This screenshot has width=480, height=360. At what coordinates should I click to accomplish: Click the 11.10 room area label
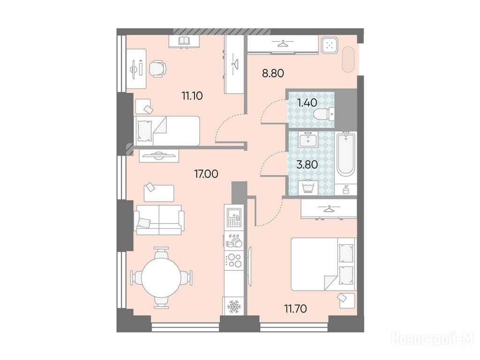pyautogui.click(x=192, y=96)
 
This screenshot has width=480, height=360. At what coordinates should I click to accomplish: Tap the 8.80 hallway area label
pyautogui.click(x=273, y=74)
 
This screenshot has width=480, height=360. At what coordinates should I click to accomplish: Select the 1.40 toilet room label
pyautogui.click(x=307, y=103)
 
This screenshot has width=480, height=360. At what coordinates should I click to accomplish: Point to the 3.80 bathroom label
pyautogui.click(x=307, y=165)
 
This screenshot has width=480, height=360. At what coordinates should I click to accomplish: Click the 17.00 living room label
pyautogui.click(x=206, y=174)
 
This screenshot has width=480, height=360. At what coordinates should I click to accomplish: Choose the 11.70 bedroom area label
pyautogui.click(x=295, y=308)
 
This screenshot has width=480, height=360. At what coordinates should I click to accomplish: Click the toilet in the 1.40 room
pyautogui.click(x=324, y=114)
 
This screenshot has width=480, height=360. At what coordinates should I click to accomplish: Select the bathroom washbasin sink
pyautogui.click(x=308, y=140)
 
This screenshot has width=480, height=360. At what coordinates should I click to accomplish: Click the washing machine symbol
pyautogui.click(x=308, y=187)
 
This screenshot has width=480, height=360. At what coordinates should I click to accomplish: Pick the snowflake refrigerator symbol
pyautogui.click(x=233, y=306)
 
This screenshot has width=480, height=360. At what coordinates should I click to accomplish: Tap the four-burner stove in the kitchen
pyautogui.click(x=233, y=261)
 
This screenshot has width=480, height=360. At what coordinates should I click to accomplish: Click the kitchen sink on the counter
pyautogui.click(x=234, y=217)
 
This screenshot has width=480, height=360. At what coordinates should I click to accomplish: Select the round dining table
pyautogui.click(x=161, y=278)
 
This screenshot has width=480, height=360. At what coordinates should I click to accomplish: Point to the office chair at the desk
pyautogui.click(x=157, y=68)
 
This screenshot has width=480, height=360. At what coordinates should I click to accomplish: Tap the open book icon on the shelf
pyautogui.click(x=184, y=41)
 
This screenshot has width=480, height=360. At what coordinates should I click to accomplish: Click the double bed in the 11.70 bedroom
pyautogui.click(x=323, y=264)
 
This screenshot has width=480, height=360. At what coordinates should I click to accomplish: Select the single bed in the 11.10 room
pyautogui.click(x=167, y=131)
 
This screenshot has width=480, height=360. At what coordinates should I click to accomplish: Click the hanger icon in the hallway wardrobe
pyautogui.click(x=285, y=44)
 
